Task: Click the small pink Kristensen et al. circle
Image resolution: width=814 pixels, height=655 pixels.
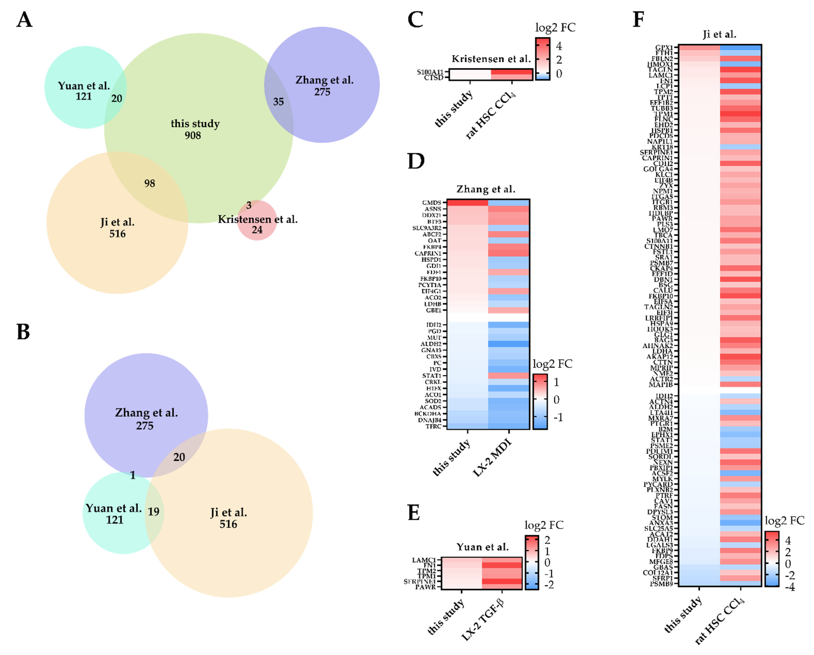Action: point(257,220)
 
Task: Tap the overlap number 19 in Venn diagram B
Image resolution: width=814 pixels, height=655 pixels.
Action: point(153,512)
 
